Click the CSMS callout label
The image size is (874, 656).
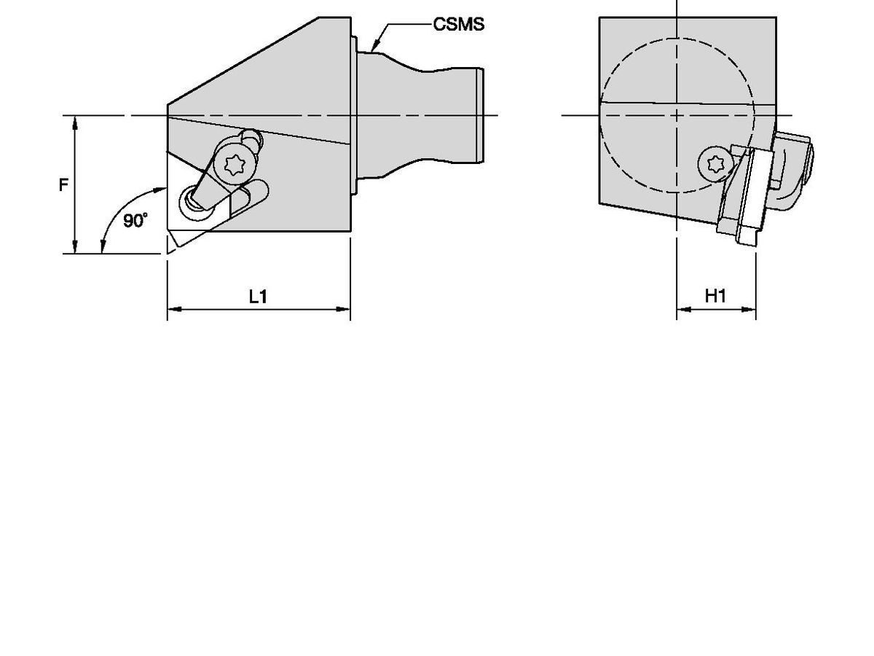point(459,25)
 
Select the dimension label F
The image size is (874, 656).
point(63,185)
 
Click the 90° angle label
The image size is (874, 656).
point(135,221)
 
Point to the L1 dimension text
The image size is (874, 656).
point(259,296)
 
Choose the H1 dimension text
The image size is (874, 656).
point(715,296)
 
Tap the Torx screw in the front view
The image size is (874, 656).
point(711,161)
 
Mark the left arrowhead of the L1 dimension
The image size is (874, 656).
point(173,310)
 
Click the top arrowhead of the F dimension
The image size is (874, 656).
point(75,121)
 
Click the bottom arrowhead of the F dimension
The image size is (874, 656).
point(75,249)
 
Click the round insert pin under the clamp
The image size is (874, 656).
point(194,198)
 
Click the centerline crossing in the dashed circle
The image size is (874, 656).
point(677,115)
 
